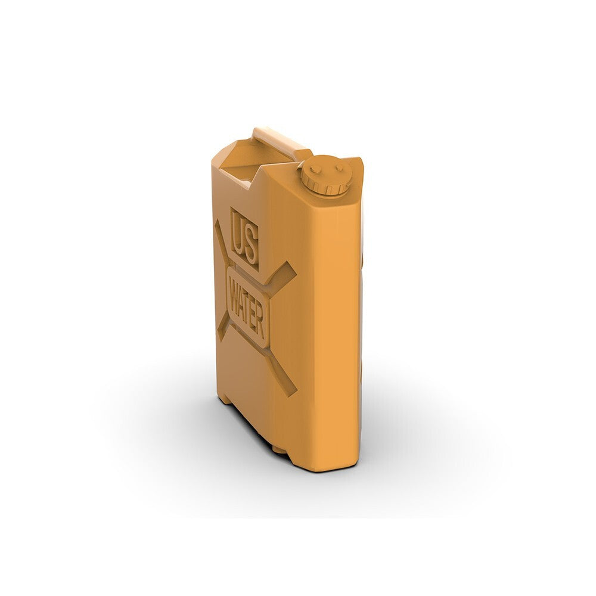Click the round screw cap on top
click(325, 175)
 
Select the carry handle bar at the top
click(281, 141)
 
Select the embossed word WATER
click(248, 308)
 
